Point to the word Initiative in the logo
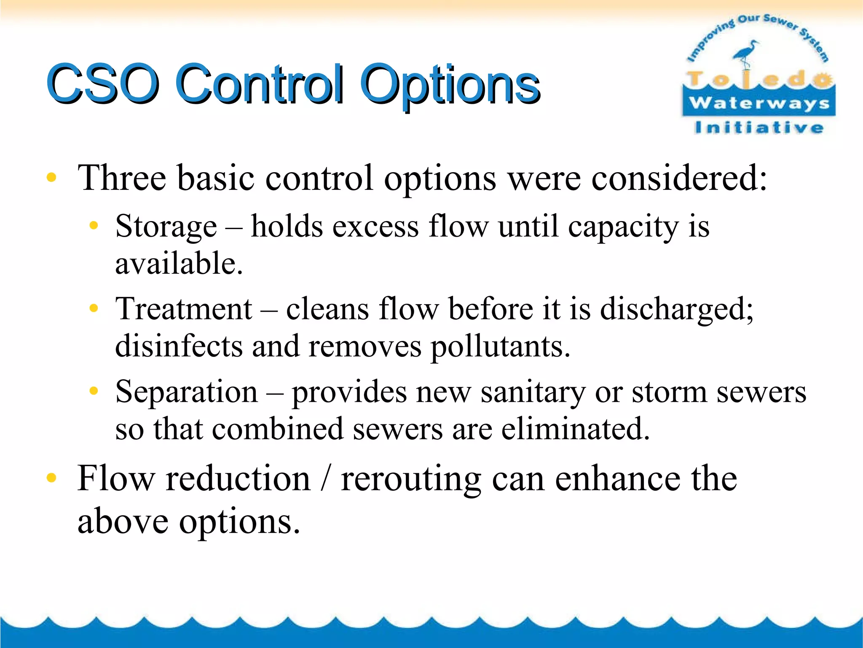(x=759, y=127)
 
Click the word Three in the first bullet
(x=122, y=178)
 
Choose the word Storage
(x=166, y=227)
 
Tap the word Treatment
(x=184, y=309)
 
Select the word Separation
(x=187, y=392)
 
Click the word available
(x=179, y=264)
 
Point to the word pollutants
(x=500, y=347)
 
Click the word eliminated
(x=576, y=429)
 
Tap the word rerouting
(x=411, y=479)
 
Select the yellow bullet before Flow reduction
(x=51, y=478)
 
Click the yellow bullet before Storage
(x=94, y=226)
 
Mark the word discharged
(x=676, y=309)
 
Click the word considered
(x=679, y=178)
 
